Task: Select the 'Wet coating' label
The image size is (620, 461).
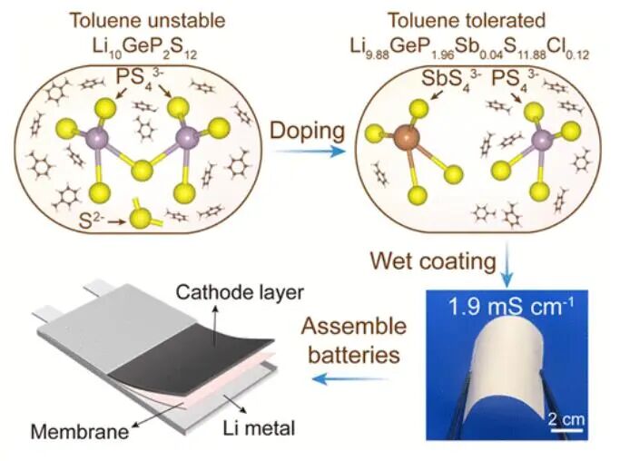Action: point(430,261)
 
